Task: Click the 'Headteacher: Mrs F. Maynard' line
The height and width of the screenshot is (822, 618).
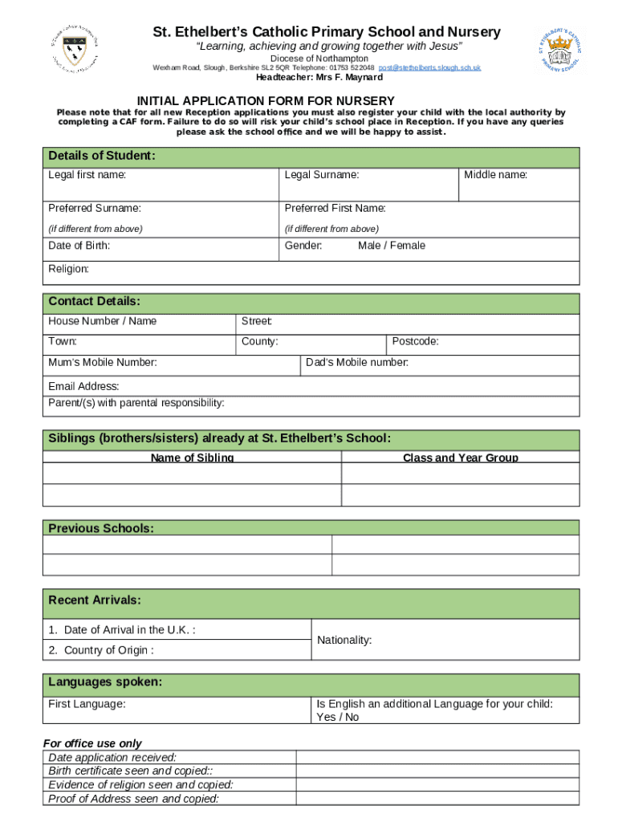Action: (x=319, y=78)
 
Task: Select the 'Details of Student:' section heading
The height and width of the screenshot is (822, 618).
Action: (x=102, y=156)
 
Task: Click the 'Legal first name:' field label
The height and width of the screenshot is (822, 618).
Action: (x=87, y=174)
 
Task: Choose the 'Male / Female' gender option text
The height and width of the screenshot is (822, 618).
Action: (x=392, y=246)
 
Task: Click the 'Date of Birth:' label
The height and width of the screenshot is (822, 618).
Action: (x=79, y=246)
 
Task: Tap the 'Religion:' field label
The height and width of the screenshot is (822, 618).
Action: (x=69, y=269)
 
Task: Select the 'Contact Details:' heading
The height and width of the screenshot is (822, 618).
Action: (x=95, y=302)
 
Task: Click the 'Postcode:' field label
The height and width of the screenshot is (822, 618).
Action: (x=415, y=341)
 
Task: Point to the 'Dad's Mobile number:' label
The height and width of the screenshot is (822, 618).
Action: (x=357, y=363)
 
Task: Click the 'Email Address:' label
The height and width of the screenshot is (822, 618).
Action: (x=84, y=386)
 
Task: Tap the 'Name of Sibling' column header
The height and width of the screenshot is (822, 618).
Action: (x=193, y=458)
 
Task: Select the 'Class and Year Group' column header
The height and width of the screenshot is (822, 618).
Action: (x=461, y=458)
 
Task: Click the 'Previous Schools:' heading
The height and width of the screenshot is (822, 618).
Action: (x=101, y=528)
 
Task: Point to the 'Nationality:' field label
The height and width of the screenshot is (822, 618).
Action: (x=344, y=641)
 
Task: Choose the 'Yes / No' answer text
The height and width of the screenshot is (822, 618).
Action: (x=338, y=717)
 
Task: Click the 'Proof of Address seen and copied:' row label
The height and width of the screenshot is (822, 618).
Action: (x=134, y=799)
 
